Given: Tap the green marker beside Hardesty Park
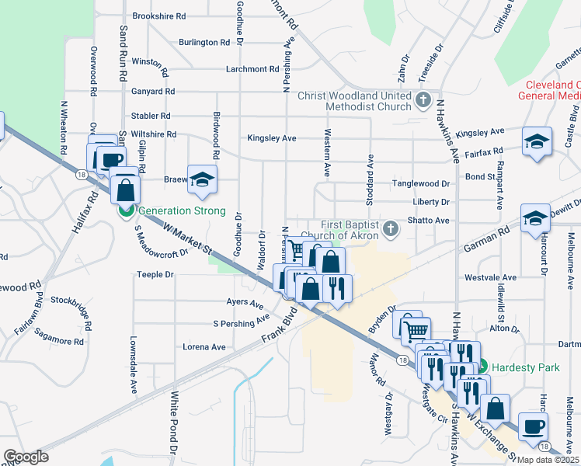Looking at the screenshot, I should (482, 366).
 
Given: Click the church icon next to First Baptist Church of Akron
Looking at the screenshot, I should (390, 228).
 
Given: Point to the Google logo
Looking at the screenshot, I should (26, 457).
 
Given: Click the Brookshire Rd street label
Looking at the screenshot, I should (159, 16).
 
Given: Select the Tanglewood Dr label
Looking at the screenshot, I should (421, 184).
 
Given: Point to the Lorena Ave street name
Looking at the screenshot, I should (203, 346).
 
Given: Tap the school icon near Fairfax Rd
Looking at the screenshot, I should (536, 141).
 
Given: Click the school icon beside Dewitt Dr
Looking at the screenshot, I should (535, 217).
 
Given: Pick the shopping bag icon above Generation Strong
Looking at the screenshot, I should (124, 189).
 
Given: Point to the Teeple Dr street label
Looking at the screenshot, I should (154, 274).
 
